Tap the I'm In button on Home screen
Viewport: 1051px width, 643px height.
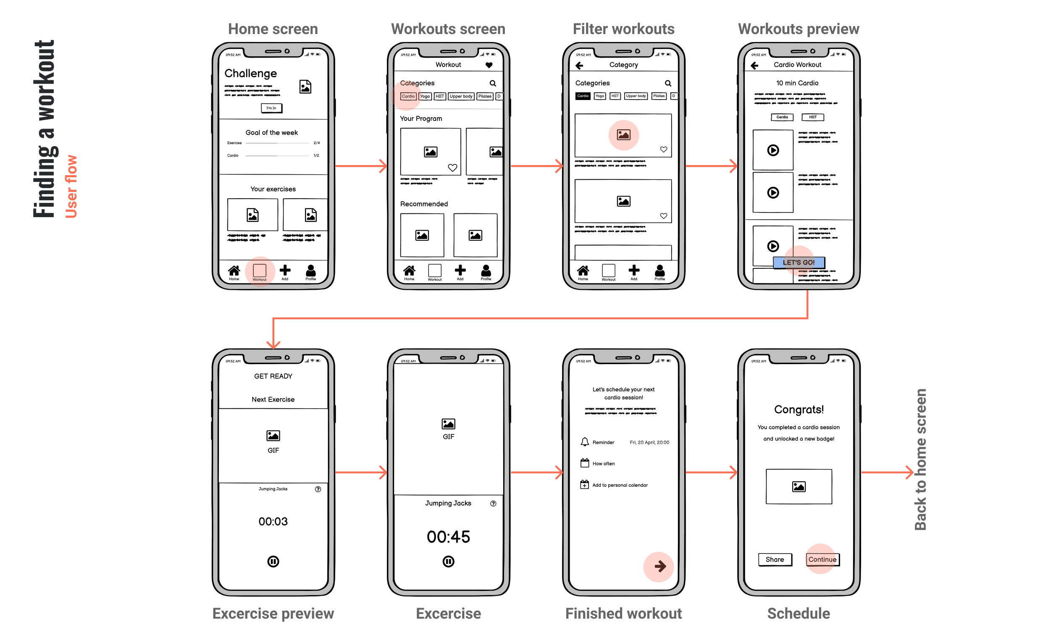271,108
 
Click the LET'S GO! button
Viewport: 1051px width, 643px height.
799,262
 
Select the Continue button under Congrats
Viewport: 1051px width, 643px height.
822,559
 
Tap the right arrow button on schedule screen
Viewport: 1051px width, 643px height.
660,566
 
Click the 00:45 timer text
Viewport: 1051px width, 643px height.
448,537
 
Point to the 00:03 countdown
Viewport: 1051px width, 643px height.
273,522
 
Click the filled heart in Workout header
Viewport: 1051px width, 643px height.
489,65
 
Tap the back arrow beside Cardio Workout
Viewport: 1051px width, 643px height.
754,65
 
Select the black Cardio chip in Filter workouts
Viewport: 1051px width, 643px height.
583,96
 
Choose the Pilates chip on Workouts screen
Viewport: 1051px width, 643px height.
485,96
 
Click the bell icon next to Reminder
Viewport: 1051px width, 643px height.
584,442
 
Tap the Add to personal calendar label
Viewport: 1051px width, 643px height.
620,485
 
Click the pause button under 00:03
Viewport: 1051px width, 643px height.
273,562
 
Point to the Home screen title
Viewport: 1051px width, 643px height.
273,29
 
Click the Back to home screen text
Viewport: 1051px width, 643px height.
920,459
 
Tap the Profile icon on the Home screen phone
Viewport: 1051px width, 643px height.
310,272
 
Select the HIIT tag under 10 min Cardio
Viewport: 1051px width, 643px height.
812,117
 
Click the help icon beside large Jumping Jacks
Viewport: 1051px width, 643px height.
493,504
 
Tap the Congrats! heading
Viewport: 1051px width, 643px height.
799,410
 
